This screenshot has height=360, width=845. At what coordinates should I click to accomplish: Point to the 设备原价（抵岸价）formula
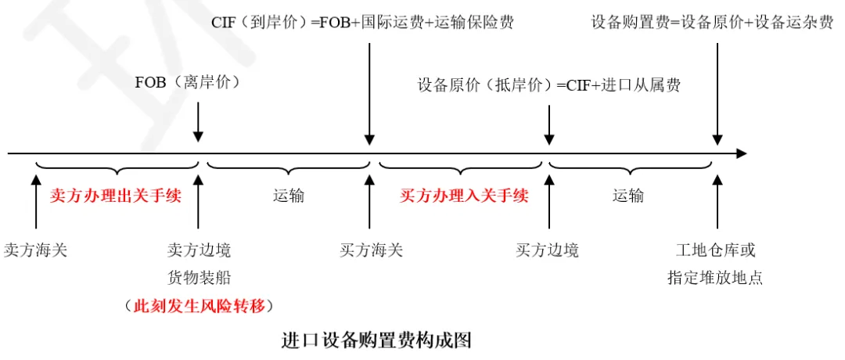point(548,85)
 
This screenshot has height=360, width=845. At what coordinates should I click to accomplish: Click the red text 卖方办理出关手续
point(116,196)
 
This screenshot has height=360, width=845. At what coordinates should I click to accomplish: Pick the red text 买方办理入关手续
point(464,196)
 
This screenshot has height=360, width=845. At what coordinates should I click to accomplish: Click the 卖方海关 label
point(35,251)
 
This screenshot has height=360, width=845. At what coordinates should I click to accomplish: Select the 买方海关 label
point(372,251)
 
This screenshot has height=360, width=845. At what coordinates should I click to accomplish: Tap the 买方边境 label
point(548,251)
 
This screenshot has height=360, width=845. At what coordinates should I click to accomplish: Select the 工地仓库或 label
point(716,251)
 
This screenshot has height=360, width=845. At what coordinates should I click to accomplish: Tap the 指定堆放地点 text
point(716,277)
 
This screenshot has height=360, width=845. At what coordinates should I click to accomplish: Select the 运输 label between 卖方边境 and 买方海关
point(288,196)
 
